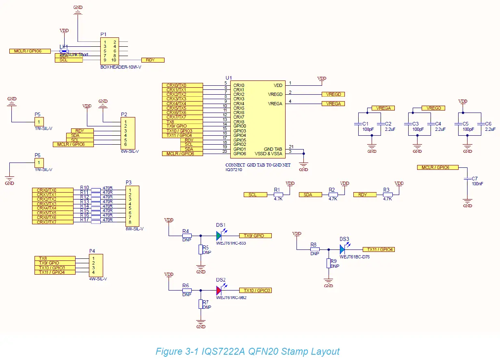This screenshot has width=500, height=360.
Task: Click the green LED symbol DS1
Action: point(219,235)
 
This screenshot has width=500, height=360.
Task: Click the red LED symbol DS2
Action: point(219,291)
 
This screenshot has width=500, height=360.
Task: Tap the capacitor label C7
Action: point(474,179)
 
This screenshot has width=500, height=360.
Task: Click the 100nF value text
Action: point(477,184)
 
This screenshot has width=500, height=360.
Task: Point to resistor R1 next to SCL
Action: point(278,195)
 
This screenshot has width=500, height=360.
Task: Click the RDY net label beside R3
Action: point(363,195)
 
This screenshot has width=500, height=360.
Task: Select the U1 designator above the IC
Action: point(229,78)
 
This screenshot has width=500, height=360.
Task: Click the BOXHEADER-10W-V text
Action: point(121,67)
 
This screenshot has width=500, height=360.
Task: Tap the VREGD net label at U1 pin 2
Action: point(333,94)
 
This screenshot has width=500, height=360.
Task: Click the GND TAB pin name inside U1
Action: point(273,149)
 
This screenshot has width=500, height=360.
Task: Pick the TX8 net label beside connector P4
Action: point(55,258)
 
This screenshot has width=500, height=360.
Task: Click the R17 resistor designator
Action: point(84,220)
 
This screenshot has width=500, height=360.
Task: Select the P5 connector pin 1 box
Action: point(39,121)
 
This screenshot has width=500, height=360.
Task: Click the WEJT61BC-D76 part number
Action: point(355,257)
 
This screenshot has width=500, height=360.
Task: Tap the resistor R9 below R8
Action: point(328,263)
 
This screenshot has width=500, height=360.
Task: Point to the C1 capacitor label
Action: point(365,124)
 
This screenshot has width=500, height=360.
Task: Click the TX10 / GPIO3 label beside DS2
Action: point(255,291)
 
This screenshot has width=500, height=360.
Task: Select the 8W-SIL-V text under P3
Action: point(134,229)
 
